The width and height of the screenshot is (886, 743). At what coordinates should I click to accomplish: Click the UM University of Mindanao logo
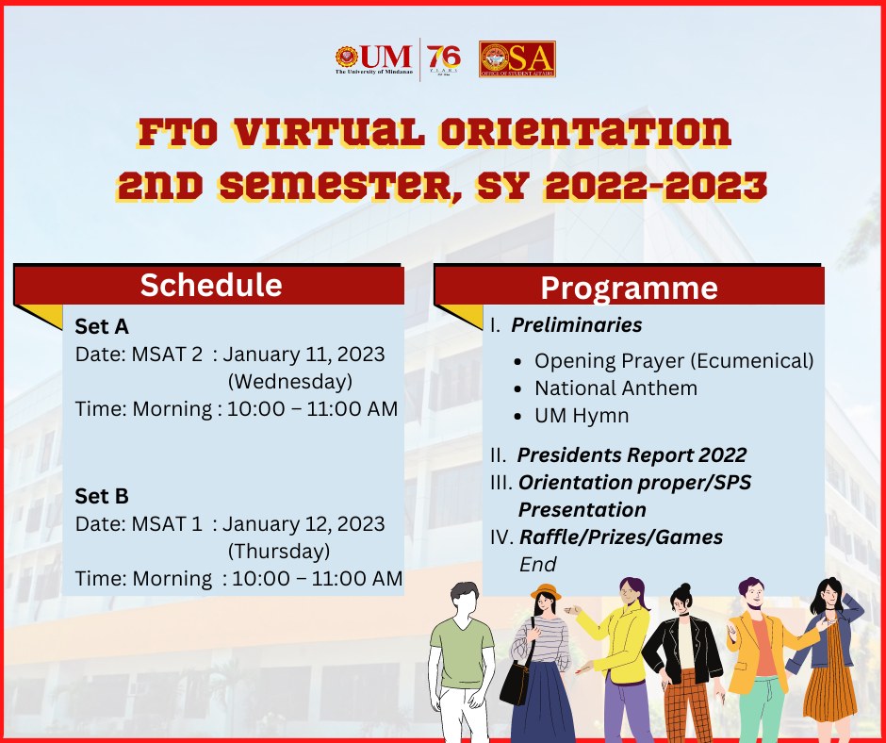[373, 58]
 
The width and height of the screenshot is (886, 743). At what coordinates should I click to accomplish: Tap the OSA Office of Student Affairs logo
[517, 58]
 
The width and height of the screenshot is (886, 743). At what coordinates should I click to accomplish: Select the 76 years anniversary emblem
[444, 60]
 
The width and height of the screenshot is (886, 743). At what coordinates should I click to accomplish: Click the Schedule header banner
[210, 285]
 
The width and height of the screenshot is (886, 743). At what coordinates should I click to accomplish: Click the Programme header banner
[629, 288]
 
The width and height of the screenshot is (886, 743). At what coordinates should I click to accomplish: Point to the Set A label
[102, 326]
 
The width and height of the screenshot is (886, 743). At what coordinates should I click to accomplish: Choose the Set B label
[102, 496]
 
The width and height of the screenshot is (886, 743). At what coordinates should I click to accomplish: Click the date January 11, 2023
[304, 355]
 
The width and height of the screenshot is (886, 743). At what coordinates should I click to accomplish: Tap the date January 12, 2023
[304, 523]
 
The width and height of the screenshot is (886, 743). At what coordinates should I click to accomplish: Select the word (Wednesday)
[290, 382]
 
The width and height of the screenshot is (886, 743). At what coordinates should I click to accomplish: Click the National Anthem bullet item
[615, 388]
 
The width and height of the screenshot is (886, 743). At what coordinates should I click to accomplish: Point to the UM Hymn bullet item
[582, 416]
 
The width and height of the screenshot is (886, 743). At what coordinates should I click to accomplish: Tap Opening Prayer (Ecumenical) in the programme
[673, 361]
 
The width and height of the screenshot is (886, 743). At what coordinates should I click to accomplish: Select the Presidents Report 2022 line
[632, 455]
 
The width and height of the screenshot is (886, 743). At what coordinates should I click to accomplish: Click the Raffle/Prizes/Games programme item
[621, 537]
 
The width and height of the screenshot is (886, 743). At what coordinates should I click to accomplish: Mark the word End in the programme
[538, 564]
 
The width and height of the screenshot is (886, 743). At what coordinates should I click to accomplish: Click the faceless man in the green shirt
[462, 651]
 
